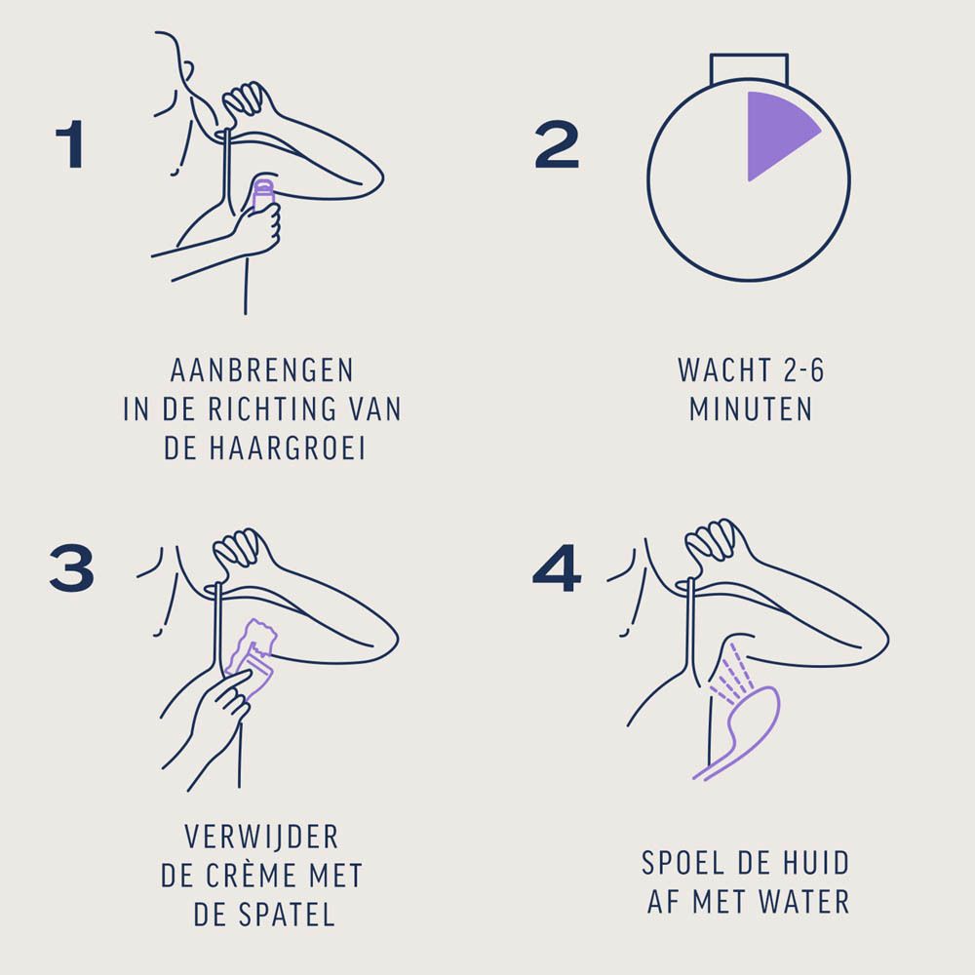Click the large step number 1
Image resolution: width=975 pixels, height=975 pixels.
70,144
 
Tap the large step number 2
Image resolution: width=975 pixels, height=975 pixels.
557,144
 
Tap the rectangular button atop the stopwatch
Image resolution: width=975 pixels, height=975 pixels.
749,69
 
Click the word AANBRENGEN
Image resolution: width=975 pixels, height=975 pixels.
262,370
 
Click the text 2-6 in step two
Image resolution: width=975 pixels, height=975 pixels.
803,370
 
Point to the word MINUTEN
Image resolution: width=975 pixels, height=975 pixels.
751,409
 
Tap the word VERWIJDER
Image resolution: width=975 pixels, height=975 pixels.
261,837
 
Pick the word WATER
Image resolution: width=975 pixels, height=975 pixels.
804,902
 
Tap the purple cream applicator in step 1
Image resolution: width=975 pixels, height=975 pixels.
263,196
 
